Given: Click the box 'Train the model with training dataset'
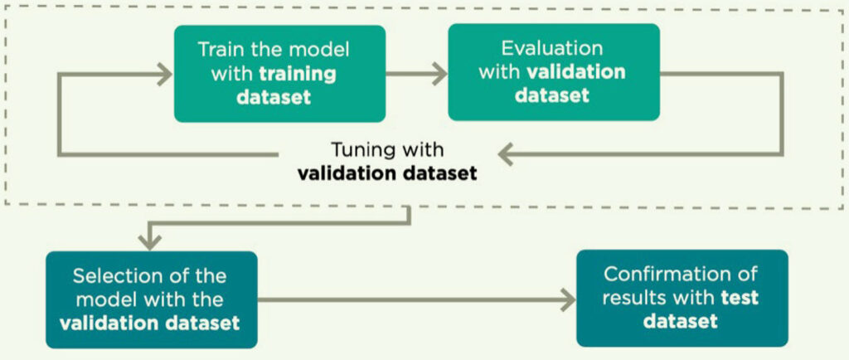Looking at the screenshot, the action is tap(280, 74).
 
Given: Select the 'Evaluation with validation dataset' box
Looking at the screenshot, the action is tap(554, 72).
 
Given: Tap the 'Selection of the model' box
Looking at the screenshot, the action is tap(152, 299).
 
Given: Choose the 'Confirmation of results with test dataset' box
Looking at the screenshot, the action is tap(682, 298).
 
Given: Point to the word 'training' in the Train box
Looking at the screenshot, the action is tap(298, 74).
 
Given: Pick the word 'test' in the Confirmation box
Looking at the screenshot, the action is tap(740, 298).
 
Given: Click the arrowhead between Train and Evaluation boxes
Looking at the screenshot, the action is tap(439, 74).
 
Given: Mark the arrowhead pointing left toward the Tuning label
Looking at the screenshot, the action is tap(507, 155).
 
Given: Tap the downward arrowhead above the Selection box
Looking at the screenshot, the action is tap(150, 241).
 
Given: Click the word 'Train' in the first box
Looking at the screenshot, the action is tap(218, 49).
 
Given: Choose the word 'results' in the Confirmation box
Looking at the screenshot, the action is tap(632, 298).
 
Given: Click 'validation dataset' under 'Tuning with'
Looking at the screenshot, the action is tap(387, 173).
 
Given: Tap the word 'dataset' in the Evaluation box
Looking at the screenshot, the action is tap(551, 95).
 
